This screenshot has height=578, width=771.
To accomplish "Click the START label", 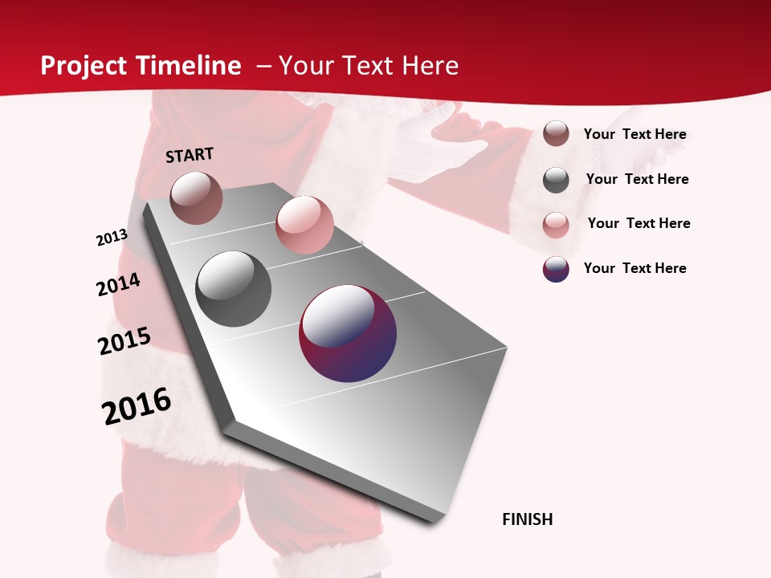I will tap(190, 155).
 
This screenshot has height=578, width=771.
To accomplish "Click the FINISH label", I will tap(527, 519).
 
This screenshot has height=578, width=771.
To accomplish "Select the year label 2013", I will tap(112, 237).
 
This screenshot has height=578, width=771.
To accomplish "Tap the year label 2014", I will tap(118, 284).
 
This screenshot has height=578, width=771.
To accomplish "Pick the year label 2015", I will tap(124, 340).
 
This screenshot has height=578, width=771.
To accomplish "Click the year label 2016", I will tap(137, 405).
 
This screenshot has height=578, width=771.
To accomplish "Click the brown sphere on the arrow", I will tap(196, 197).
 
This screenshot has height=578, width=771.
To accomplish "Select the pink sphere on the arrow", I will tap(304, 225).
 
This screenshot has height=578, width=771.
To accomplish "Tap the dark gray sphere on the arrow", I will tap(234, 289).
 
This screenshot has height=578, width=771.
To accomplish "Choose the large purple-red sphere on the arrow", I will tap(348, 333).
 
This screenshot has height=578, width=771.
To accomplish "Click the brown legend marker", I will tap(556, 134).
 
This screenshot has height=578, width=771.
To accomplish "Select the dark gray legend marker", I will tap(556, 180).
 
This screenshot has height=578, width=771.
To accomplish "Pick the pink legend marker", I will tap(556, 225).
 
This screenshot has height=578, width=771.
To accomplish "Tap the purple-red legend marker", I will tap(556, 269).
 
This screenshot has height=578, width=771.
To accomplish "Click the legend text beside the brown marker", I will tap(634, 134).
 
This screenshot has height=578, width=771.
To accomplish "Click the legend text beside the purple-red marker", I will tap(634, 268).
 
